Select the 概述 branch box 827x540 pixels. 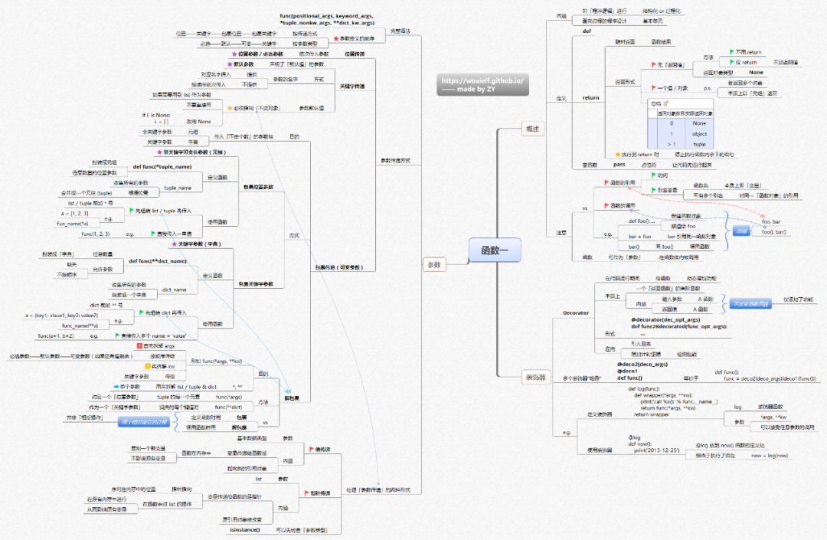531,129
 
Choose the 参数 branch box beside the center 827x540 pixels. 433,264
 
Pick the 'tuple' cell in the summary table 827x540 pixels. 699,144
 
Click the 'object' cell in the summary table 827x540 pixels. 699,133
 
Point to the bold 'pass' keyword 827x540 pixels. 619,165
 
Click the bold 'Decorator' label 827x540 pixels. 576,313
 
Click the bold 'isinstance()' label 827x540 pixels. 245,529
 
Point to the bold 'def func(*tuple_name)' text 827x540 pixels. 162,166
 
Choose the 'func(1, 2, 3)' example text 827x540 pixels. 96,233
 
